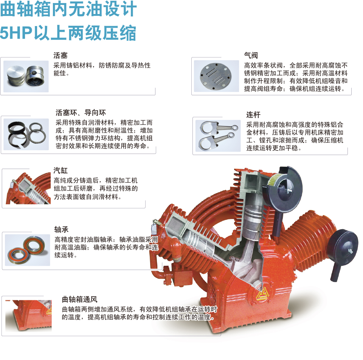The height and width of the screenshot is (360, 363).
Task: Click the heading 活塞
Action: click(60, 56)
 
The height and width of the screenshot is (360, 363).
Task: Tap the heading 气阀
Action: click(251, 55)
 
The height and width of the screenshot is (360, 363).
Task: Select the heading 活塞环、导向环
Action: click(81, 113)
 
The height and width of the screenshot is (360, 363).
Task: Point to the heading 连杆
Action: click(253, 115)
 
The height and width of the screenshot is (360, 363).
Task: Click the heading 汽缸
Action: click(60, 171)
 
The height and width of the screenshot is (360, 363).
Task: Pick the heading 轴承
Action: click(61, 230)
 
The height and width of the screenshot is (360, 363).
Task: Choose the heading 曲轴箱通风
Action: click(80, 299)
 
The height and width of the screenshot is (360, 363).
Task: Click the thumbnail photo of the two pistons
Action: click(26, 76)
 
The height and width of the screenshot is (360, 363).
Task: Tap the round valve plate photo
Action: click(216, 76)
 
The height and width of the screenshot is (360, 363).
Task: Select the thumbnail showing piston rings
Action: click(26, 134)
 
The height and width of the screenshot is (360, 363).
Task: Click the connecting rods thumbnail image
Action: click(218, 136)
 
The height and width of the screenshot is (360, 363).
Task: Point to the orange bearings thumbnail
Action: click(28, 250)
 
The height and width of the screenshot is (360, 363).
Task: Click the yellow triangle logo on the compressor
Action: click(262, 295)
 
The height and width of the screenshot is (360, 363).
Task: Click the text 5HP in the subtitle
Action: click(16, 33)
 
